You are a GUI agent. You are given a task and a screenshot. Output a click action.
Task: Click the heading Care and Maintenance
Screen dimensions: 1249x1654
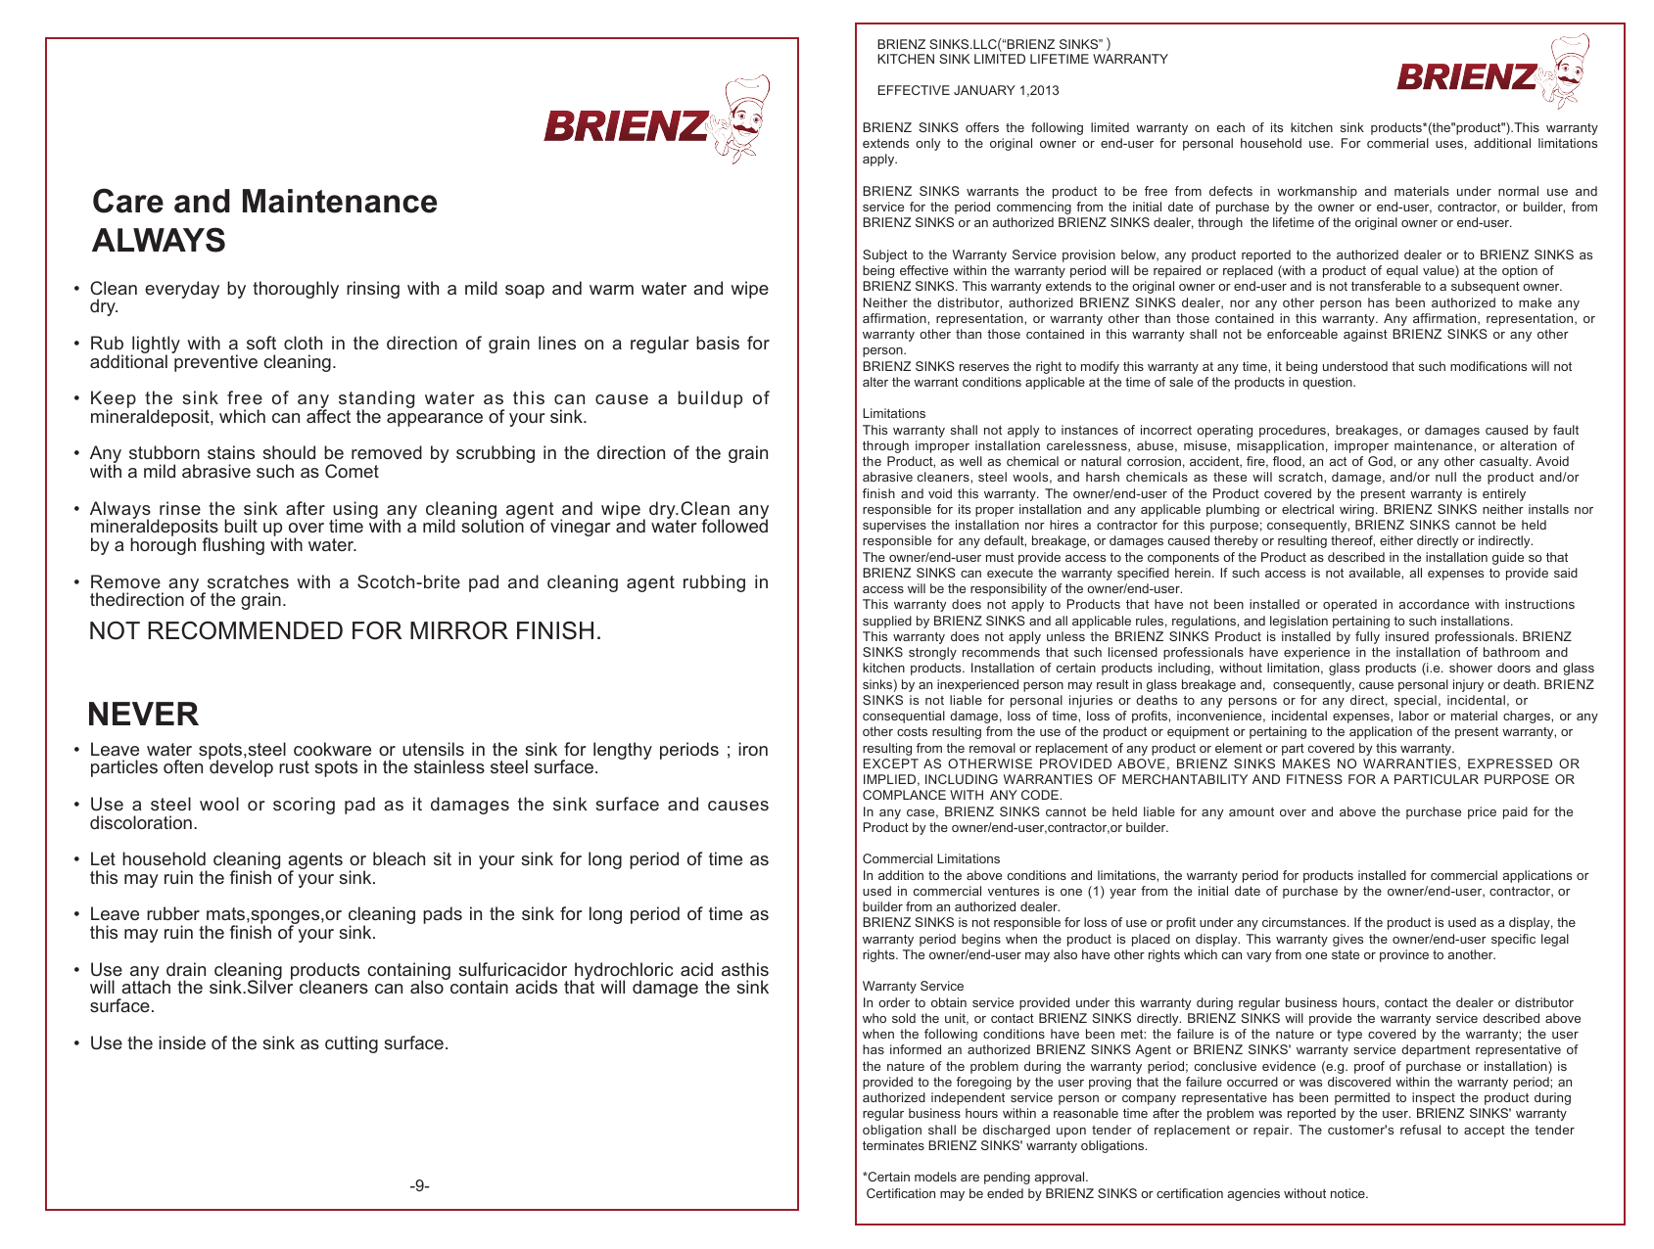264,202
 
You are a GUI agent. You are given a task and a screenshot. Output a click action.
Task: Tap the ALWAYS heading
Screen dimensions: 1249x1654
159,241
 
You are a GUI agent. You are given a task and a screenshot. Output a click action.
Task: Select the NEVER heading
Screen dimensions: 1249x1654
143,715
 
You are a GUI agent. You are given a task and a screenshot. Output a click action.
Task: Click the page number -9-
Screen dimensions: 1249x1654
419,1186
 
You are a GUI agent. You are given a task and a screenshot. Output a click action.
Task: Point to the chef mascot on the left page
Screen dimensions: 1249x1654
740,119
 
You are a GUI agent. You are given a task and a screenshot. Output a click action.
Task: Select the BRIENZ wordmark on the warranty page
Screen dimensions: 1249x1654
1467,77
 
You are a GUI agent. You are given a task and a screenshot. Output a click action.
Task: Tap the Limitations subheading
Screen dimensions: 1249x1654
893,414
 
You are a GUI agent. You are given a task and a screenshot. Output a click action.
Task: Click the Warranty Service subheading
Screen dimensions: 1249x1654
913,987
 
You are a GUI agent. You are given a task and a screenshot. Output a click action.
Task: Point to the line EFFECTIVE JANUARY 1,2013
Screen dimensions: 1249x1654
968,91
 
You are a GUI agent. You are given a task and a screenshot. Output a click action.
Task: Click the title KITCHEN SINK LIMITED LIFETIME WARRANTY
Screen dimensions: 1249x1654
1022,60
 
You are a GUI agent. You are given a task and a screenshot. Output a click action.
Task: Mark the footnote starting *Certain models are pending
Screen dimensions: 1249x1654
975,1178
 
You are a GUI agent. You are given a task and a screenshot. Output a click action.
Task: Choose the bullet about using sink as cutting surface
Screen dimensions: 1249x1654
269,1043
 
